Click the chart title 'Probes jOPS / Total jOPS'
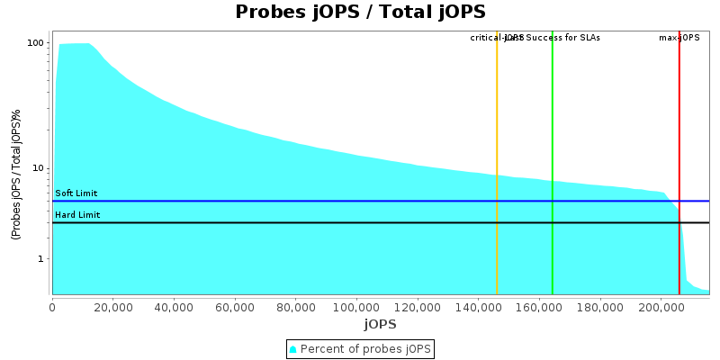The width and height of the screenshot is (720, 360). click(x=360, y=12)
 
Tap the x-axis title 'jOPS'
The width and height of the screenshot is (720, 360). click(x=380, y=324)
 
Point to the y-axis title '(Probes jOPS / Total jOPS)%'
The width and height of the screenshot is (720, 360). click(x=16, y=174)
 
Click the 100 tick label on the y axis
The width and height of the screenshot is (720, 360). click(x=36, y=43)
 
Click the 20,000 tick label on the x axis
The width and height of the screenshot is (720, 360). click(x=113, y=306)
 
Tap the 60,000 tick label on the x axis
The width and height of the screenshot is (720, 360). click(x=235, y=306)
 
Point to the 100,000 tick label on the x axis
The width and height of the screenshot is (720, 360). click(x=356, y=306)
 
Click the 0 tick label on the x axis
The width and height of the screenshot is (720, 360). click(x=52, y=306)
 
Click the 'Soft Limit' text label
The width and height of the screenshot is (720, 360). click(x=76, y=193)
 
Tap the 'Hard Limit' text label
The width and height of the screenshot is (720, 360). click(x=77, y=215)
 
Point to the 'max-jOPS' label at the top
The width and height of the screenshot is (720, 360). click(x=679, y=38)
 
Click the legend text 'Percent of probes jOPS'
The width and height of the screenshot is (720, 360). click(x=365, y=348)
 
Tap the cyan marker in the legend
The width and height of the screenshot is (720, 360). click(x=292, y=348)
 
